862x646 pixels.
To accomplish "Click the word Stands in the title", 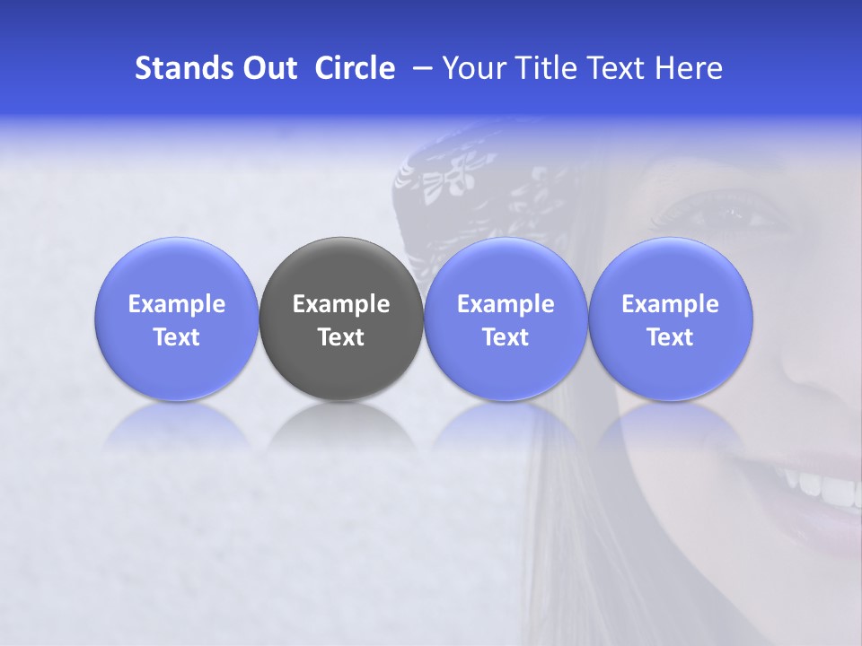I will (180, 68).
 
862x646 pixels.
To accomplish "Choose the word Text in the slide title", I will (610, 68).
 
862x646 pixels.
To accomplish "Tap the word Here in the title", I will (687, 68).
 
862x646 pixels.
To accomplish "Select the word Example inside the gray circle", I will (341, 304).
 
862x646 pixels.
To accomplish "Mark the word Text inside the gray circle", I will (341, 337).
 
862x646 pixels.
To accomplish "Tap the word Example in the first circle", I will (177, 304).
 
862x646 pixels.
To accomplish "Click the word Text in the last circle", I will (671, 337).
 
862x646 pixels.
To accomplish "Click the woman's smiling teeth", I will (831, 489).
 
